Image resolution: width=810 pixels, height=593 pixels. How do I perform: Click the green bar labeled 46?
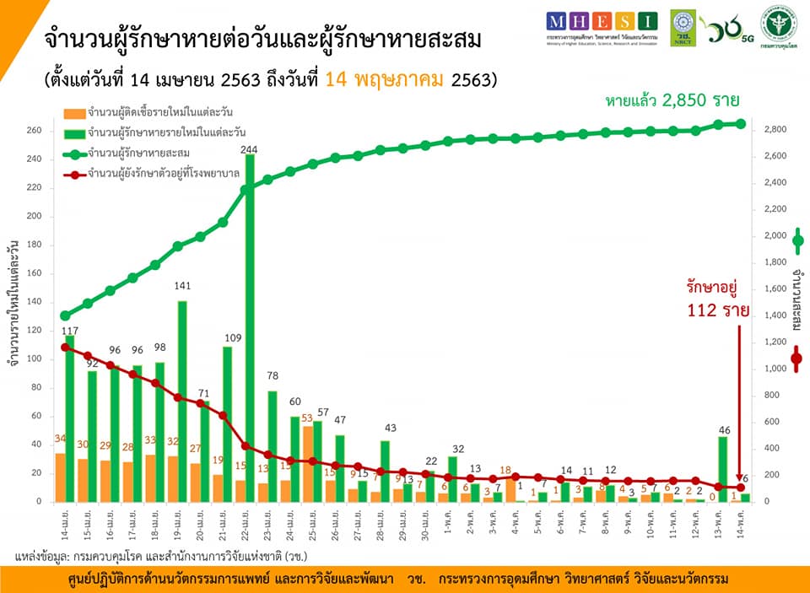coord(723,469)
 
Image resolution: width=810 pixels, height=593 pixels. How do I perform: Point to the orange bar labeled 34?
coord(60,477)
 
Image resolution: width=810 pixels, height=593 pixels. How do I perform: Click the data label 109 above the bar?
coord(232,338)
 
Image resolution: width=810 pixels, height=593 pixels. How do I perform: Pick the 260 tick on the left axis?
coord(35,130)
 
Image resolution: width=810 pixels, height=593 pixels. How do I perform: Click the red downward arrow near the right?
coord(740,405)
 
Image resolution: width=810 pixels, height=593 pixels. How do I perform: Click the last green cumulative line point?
coord(741,124)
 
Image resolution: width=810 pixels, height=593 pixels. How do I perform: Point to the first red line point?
coord(66,347)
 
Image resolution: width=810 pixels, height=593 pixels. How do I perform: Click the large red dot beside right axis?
coord(796,359)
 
